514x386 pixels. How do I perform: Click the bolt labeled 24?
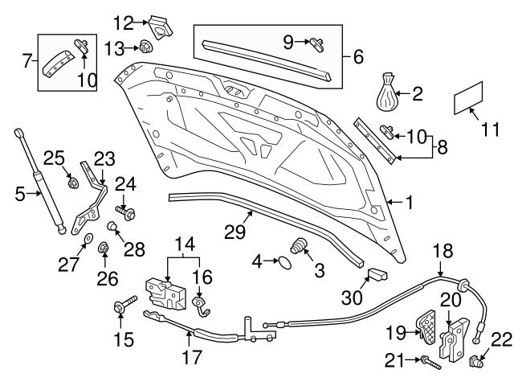pos(125,212)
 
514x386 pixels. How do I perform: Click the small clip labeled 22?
pos(475,361)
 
